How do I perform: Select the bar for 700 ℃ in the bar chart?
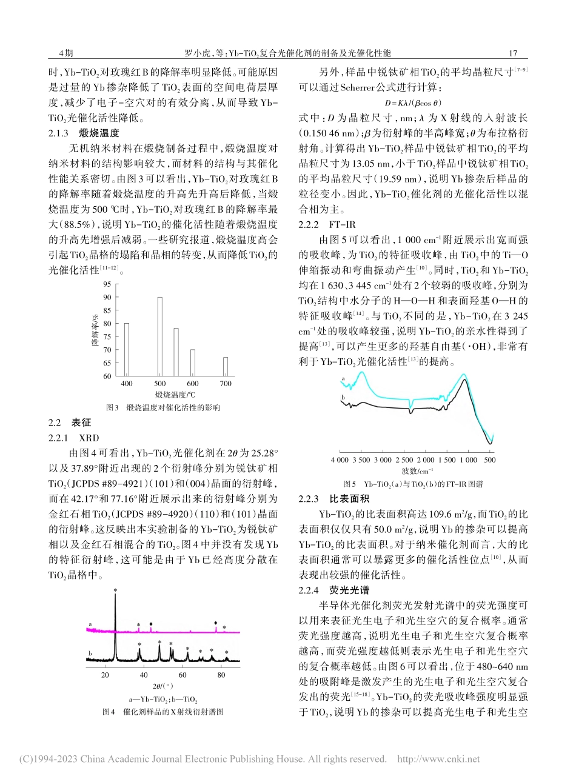tap(226, 366)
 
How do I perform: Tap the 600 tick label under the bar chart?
tap(193, 384)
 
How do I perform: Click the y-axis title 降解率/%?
tap(96, 330)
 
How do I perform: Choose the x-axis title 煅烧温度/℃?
tap(176, 395)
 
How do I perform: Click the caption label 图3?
tap(112, 408)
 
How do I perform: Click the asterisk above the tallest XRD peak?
tap(115, 590)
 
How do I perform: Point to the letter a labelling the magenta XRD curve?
tap(90, 623)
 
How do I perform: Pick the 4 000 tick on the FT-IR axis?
tap(340, 460)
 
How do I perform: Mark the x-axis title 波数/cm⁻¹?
tap(417, 471)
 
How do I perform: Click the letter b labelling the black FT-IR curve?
tap(344, 396)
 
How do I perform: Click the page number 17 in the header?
tap(513, 53)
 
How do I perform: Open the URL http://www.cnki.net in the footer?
tap(438, 759)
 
